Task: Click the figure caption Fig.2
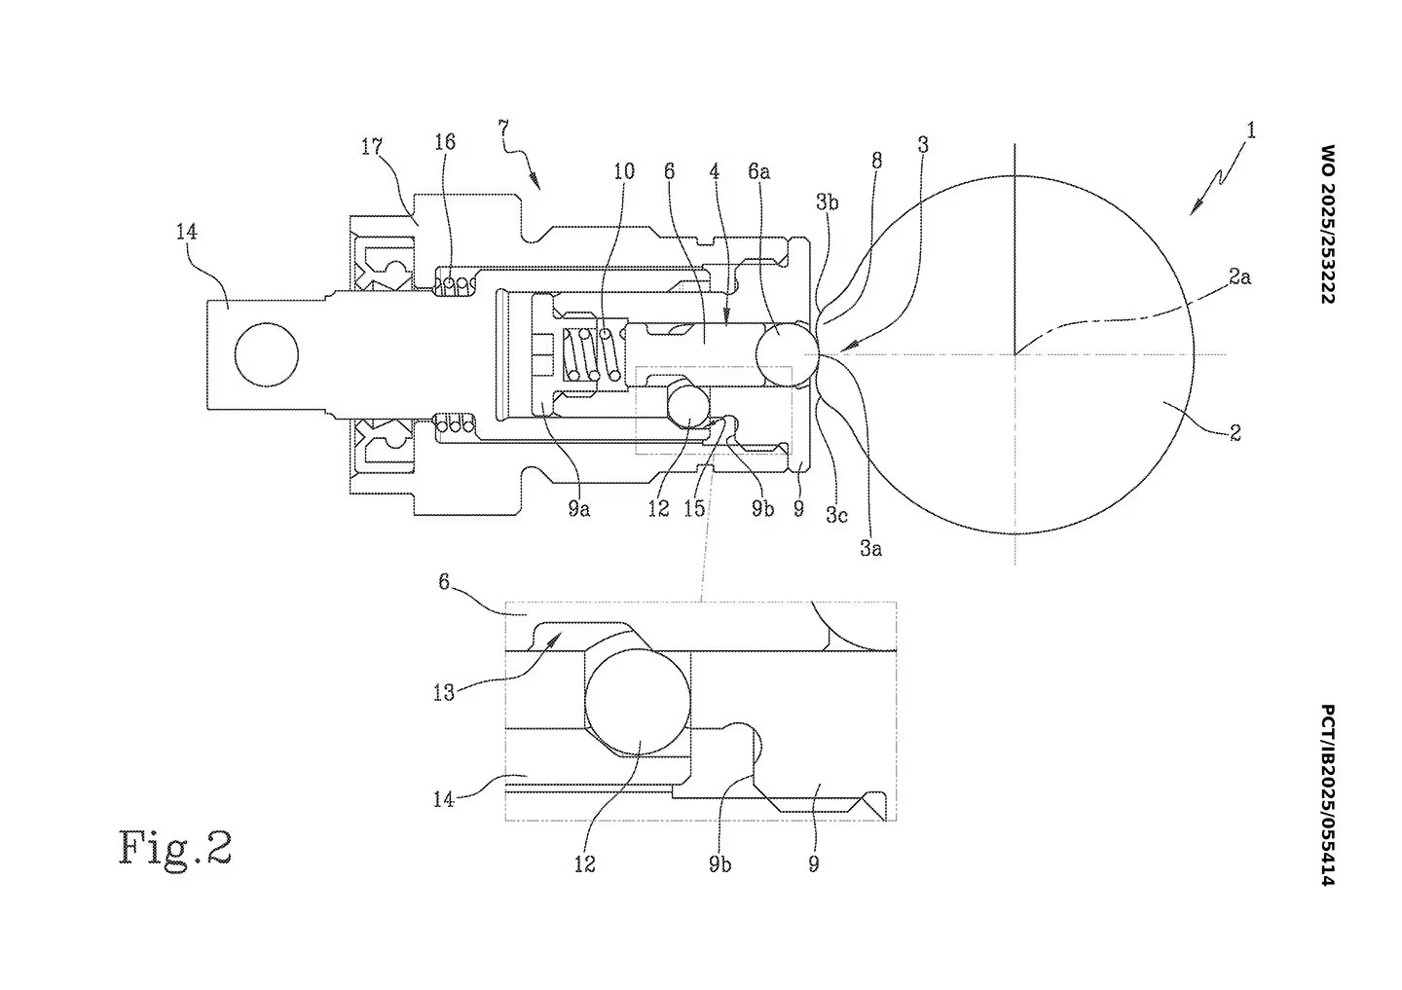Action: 176,847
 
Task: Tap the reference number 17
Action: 371,147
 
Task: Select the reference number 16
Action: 444,142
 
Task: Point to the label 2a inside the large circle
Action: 1238,277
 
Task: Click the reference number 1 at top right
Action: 1251,130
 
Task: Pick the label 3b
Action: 827,202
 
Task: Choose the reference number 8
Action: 876,161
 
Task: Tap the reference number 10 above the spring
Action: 623,172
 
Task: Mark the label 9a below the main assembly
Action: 579,508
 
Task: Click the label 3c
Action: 835,515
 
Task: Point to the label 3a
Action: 870,549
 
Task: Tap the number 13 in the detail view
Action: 444,693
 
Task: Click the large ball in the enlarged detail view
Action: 638,701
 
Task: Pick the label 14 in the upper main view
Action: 187,232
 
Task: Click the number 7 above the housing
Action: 502,128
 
